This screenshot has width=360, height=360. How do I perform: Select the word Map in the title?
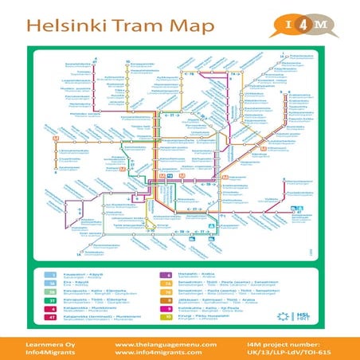pyautogui.click(x=192, y=25)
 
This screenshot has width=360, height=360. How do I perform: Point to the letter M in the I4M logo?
pyautogui.click(x=319, y=24)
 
